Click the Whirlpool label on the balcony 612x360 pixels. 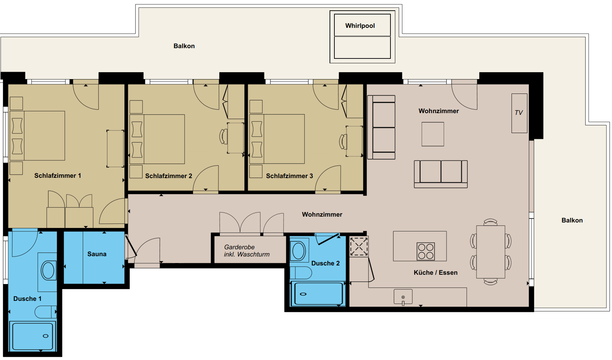(360, 26)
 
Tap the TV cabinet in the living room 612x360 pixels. (519, 113)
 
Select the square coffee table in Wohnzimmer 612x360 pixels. (433, 134)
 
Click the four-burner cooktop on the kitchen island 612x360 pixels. (426, 251)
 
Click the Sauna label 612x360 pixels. (97, 254)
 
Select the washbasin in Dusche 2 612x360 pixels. (299, 251)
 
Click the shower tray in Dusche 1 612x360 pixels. (32, 336)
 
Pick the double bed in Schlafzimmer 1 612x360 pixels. (37, 135)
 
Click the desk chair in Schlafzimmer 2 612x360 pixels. (224, 137)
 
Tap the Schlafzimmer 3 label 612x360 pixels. (289, 176)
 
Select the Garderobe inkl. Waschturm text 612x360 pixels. (247, 251)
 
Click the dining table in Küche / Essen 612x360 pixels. (491, 252)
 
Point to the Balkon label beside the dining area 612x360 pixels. (572, 220)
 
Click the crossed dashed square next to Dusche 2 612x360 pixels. (359, 246)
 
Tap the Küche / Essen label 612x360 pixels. (436, 273)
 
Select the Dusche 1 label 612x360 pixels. (27, 299)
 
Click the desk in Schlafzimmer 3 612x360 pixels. (354, 141)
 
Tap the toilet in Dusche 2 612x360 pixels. (301, 273)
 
